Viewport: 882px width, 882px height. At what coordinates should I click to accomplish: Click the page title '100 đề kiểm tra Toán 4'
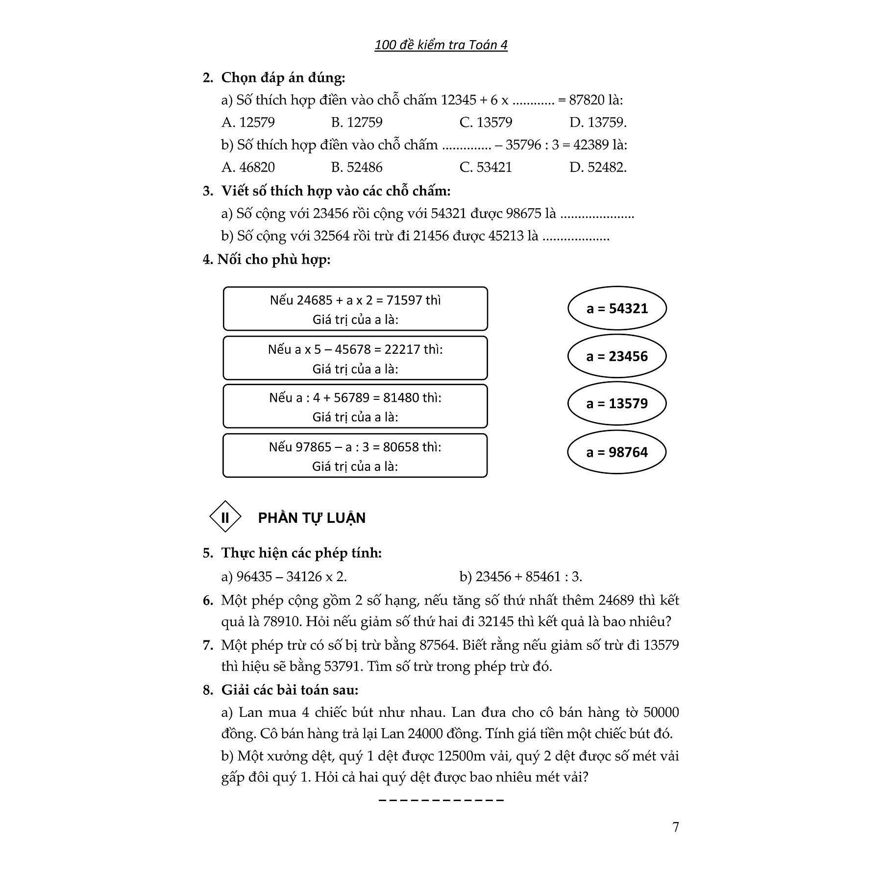(441, 45)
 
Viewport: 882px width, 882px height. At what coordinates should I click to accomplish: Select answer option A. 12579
(248, 122)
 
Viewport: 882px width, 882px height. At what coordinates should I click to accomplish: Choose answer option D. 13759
(598, 122)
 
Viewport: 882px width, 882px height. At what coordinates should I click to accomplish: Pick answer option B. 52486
(356, 168)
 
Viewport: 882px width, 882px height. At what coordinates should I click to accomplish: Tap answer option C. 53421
(486, 168)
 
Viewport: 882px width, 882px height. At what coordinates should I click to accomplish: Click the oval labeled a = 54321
(617, 309)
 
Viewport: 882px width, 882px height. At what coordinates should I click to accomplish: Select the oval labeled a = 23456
(617, 356)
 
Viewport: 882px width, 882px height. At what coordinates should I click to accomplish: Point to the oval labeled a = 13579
(617, 404)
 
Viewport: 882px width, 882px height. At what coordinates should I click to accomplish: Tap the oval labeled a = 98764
(617, 452)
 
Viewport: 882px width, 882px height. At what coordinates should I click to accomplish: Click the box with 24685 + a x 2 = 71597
(355, 309)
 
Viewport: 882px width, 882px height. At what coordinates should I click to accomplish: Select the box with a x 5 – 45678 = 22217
(355, 358)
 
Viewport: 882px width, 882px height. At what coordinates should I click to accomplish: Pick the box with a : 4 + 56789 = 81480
(355, 407)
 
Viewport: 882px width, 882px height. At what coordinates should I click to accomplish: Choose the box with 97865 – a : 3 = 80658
(355, 456)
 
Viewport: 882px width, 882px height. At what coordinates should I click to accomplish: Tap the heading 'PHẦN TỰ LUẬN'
(312, 518)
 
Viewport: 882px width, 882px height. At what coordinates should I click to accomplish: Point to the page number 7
(676, 827)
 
